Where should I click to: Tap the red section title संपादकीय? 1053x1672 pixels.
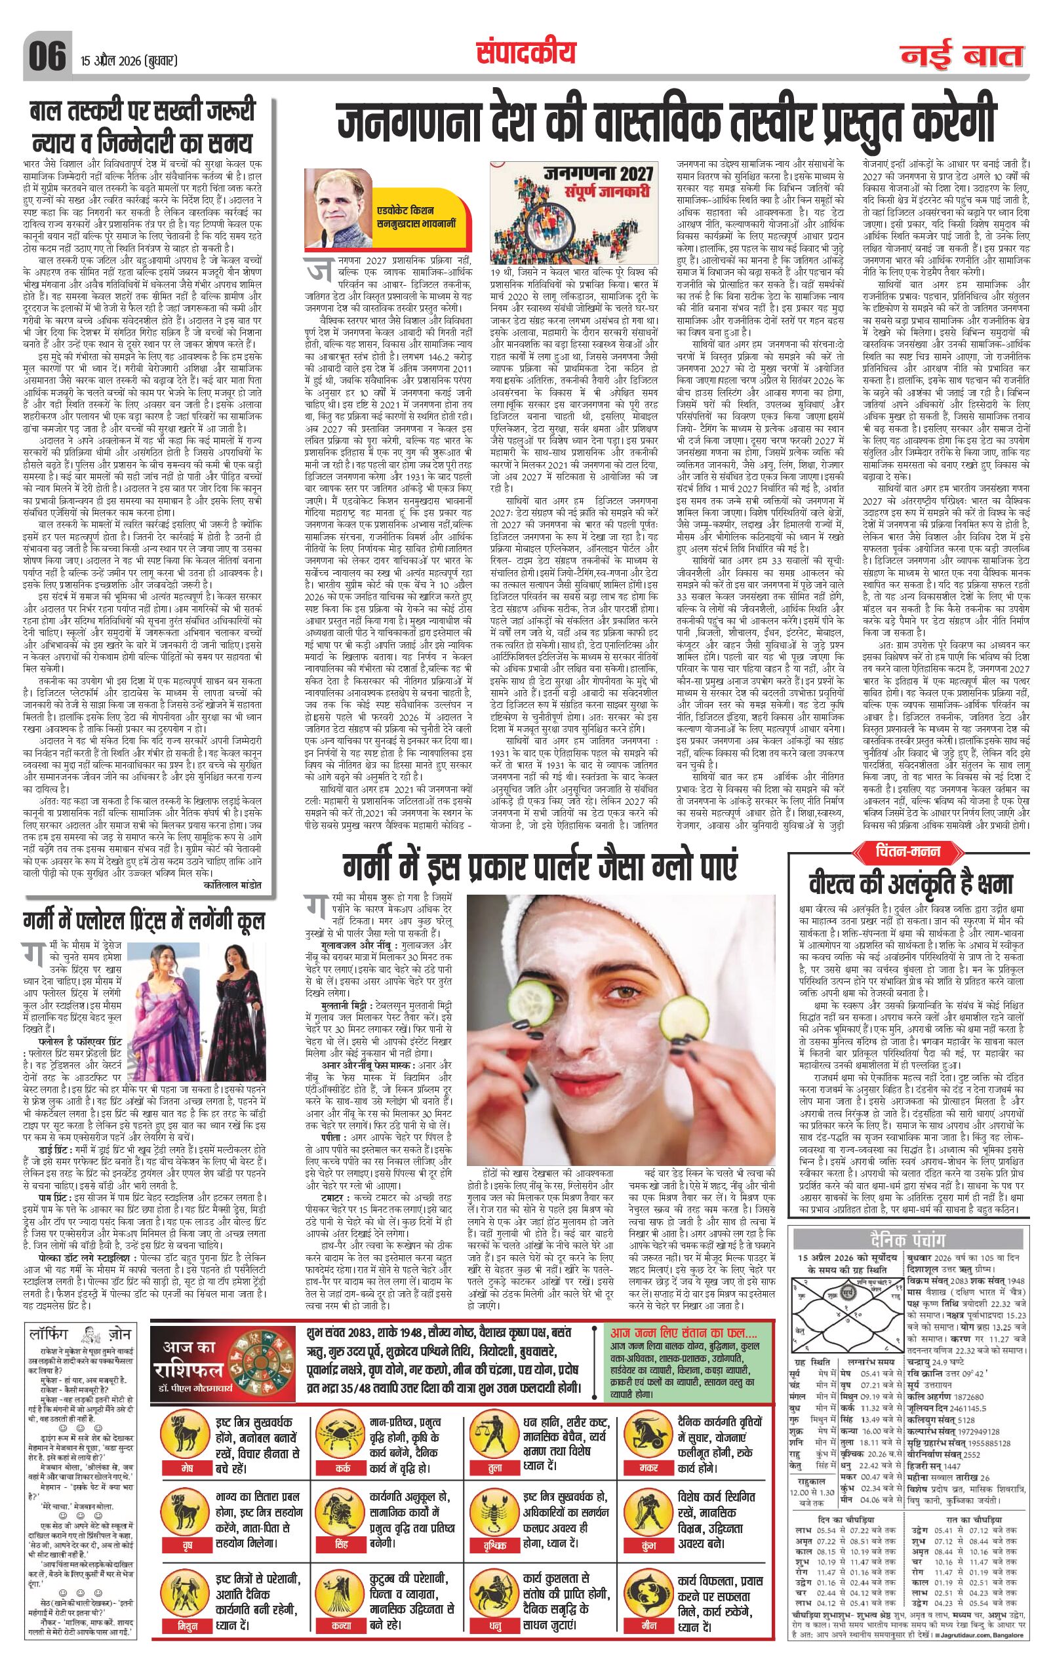pyautogui.click(x=526, y=52)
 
